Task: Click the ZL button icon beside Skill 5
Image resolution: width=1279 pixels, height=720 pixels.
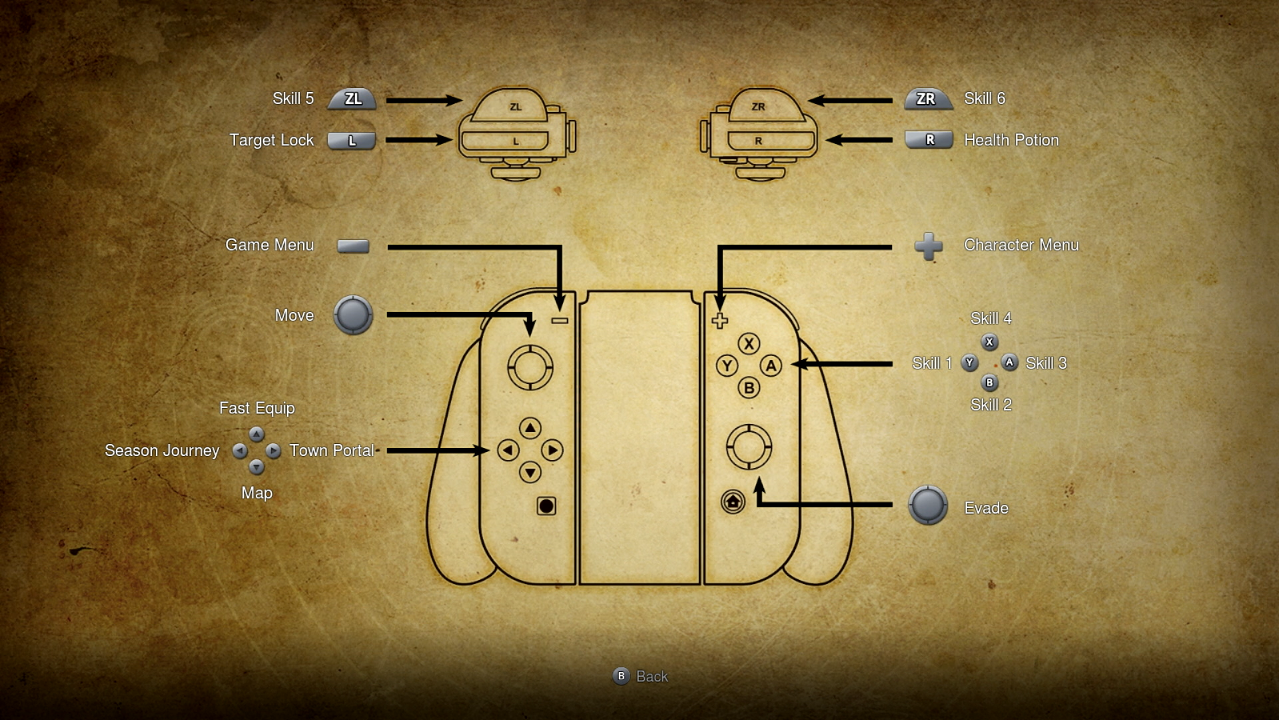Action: tap(352, 99)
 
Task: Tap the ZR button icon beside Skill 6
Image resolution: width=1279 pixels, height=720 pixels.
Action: tap(928, 99)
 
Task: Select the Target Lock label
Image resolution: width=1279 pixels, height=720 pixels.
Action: tap(271, 140)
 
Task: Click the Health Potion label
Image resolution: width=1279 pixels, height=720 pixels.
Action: tap(1011, 140)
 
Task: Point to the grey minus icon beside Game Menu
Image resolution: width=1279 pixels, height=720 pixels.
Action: tap(353, 246)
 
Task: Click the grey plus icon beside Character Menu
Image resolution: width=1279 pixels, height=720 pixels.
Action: tap(929, 246)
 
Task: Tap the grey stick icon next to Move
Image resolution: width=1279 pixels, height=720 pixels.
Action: tap(353, 315)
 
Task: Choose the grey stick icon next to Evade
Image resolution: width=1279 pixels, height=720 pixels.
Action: tap(928, 505)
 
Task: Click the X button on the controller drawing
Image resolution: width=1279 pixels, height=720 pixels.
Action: tap(749, 343)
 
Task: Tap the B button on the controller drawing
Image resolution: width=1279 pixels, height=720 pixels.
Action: tap(749, 387)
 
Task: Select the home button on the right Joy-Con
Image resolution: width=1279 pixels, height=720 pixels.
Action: tap(733, 501)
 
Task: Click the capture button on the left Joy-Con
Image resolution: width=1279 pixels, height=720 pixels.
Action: tap(546, 506)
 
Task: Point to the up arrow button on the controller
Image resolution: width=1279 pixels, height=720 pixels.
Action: tap(530, 428)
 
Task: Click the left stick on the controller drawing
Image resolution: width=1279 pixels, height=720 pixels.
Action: tap(530, 367)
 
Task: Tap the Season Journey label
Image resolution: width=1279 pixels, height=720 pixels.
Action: tap(162, 451)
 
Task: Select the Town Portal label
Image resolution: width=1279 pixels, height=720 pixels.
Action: tap(332, 451)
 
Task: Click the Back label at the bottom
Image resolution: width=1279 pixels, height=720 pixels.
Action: tap(651, 677)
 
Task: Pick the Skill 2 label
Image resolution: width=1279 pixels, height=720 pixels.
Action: tap(991, 405)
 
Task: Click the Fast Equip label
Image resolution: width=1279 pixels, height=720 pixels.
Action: tap(257, 408)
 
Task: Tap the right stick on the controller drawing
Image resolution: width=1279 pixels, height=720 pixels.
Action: tap(749, 446)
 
